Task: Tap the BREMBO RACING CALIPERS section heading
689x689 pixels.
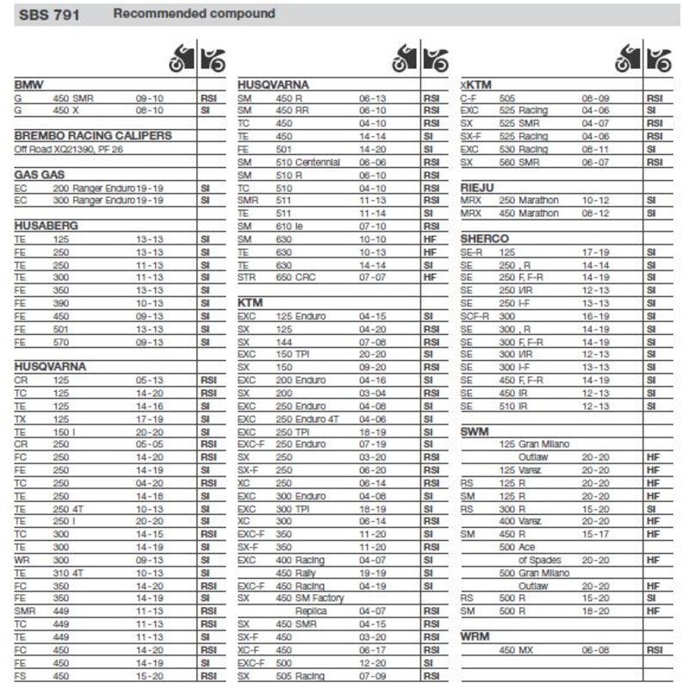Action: click(x=93, y=135)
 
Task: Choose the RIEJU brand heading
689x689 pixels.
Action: click(x=479, y=187)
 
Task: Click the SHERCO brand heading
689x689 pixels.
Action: click(x=485, y=239)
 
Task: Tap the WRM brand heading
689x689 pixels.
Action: click(x=476, y=636)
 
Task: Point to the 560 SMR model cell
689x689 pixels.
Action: click(x=522, y=162)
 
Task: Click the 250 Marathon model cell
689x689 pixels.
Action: click(x=529, y=201)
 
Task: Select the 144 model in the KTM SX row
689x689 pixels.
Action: click(x=284, y=342)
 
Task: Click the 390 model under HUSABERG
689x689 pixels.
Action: click(x=61, y=303)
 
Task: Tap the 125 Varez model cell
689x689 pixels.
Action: click(x=519, y=470)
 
